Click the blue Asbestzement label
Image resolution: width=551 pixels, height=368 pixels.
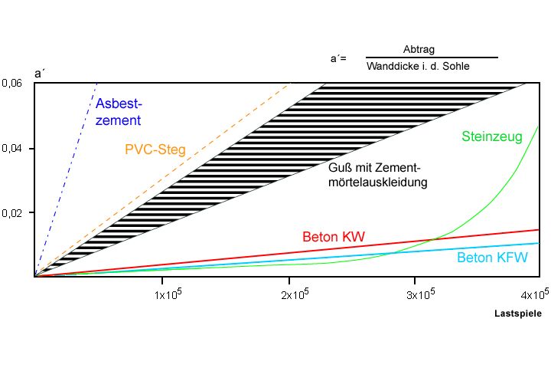coord(119,111)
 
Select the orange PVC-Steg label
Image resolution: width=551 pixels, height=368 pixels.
coord(155,149)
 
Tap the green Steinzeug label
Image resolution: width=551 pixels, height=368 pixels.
coord(491,137)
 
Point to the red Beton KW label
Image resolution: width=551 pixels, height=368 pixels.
coord(334,236)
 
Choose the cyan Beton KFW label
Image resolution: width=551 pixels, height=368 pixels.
coord(492,258)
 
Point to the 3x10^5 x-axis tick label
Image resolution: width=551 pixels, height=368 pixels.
coord(419,294)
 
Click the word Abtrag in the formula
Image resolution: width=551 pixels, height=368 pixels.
coord(419,50)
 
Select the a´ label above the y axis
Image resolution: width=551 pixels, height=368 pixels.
coord(39,74)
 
